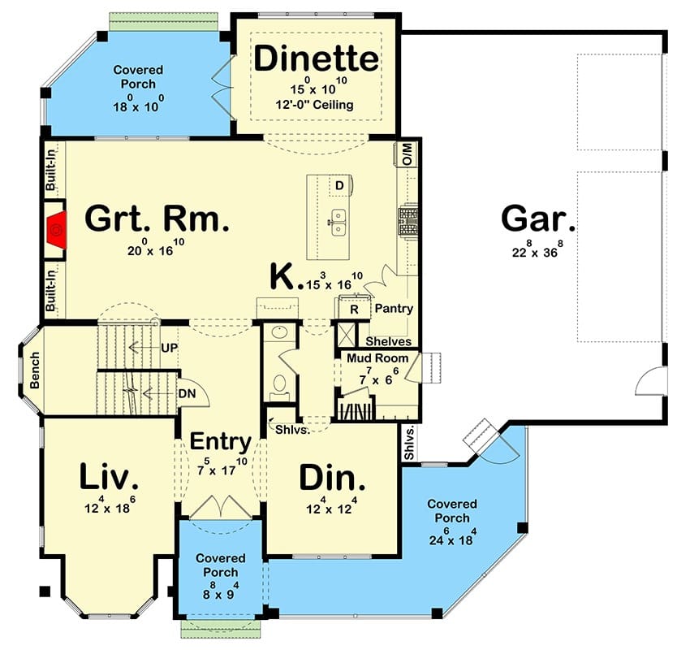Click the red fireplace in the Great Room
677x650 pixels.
pyautogui.click(x=57, y=230)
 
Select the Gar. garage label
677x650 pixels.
pyautogui.click(x=538, y=219)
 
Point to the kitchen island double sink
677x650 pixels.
pyautogui.click(x=338, y=222)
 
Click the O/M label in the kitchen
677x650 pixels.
pyautogui.click(x=407, y=154)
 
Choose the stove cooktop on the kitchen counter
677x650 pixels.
pyautogui.click(x=408, y=220)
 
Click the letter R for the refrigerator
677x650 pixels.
pyautogui.click(x=354, y=310)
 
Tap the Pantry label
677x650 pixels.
pyautogui.click(x=394, y=309)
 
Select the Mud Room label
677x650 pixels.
pyautogui.click(x=377, y=358)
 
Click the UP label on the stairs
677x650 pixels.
pyautogui.click(x=169, y=348)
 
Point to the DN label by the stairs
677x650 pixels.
pyautogui.click(x=187, y=394)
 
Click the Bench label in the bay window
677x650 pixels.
pyautogui.click(x=35, y=370)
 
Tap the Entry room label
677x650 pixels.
pyautogui.click(x=220, y=442)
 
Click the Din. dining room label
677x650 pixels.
pyautogui.click(x=332, y=478)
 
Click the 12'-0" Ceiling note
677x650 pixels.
pyautogui.click(x=314, y=105)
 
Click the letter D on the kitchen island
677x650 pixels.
pyautogui.click(x=339, y=186)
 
